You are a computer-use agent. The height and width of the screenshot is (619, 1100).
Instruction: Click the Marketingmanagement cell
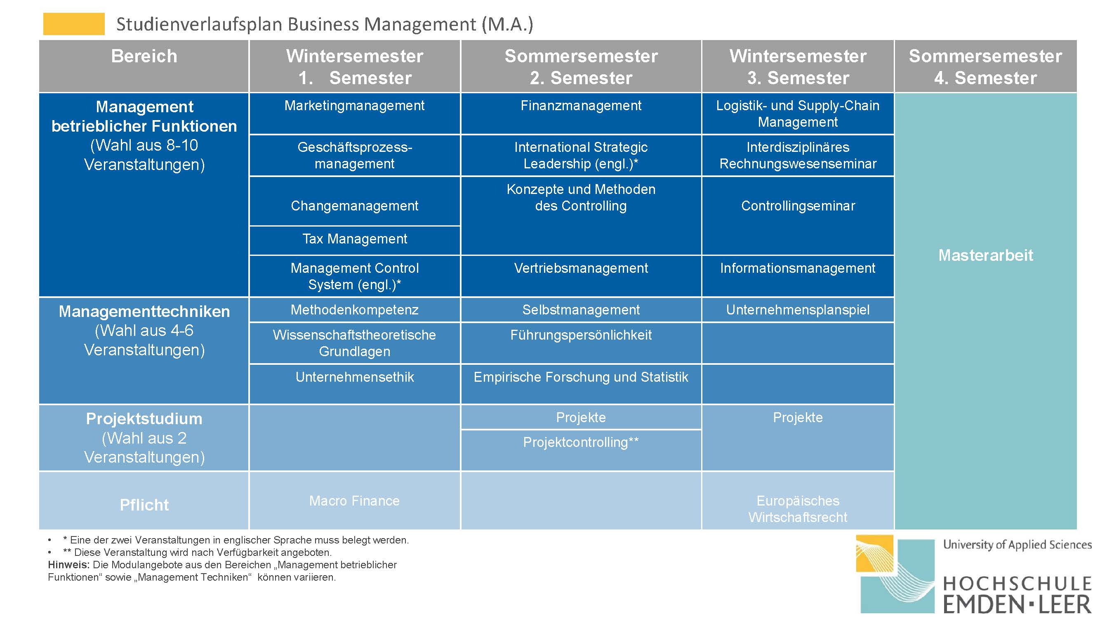354,113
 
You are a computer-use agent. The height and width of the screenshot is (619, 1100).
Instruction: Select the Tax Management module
354,240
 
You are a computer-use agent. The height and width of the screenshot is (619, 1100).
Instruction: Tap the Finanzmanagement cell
581,113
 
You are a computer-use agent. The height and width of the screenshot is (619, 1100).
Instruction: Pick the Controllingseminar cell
798,215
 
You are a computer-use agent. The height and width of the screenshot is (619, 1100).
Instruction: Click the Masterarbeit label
986,255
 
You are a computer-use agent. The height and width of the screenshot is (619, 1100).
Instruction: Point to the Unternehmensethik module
354,384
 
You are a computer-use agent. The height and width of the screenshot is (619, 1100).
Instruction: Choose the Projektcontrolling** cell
581,450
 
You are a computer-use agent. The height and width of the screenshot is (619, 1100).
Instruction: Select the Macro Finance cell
354,500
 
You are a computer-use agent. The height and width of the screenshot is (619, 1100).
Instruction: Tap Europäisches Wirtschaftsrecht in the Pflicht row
798,509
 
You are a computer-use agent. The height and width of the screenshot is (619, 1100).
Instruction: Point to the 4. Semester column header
986,66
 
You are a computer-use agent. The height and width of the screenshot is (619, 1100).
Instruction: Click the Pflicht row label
144,505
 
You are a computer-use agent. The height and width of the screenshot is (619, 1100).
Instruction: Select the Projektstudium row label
144,437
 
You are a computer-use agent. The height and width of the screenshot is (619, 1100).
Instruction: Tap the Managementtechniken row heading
144,330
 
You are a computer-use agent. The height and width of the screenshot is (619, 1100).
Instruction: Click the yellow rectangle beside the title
74,24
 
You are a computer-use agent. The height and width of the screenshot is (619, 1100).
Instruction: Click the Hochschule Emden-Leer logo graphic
895,573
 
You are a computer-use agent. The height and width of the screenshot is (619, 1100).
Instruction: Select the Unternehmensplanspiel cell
798,310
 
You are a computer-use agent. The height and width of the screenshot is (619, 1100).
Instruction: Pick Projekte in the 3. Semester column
798,417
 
